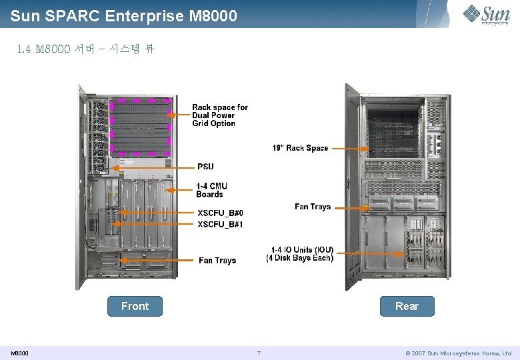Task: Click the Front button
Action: (135, 306)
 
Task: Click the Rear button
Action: (407, 306)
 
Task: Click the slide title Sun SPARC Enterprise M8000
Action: (124, 15)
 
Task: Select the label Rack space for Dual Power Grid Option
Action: (219, 115)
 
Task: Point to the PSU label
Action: (205, 166)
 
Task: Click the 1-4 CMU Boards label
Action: (211, 190)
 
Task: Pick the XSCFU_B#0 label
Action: (220, 213)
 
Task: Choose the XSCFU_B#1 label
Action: (220, 225)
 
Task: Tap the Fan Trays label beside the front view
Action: (217, 260)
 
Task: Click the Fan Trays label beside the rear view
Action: (313, 207)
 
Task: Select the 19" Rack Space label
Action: (300, 148)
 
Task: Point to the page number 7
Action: (258, 353)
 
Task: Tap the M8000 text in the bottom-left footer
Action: (19, 353)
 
